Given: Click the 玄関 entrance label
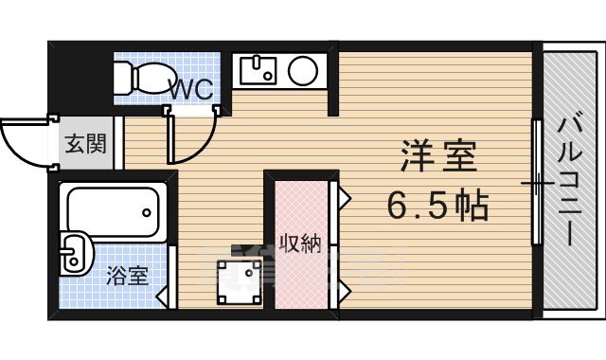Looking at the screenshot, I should click(x=84, y=145).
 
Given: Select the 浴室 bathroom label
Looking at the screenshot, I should click(x=126, y=278).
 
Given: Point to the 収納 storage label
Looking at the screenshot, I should click(x=299, y=243).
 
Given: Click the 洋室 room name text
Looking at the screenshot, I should click(x=437, y=155).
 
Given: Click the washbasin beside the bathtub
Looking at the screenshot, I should click(x=75, y=253).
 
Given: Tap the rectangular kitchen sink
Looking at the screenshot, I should click(x=257, y=69).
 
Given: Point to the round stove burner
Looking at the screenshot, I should click(x=303, y=69).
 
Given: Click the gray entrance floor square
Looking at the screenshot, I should click(x=85, y=145).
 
